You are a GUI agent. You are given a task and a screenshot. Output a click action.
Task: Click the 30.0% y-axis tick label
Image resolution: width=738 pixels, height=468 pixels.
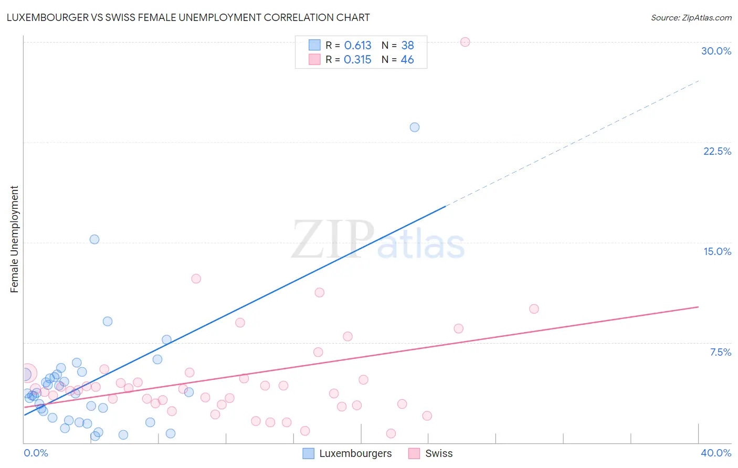point(716,51)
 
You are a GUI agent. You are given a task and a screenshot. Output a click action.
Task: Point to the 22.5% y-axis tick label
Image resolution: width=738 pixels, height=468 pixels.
point(717,151)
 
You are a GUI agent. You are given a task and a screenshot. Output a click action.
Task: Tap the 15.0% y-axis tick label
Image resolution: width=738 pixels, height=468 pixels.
point(717,251)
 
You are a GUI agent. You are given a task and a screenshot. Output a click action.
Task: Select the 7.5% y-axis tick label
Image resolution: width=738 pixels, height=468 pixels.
point(720,352)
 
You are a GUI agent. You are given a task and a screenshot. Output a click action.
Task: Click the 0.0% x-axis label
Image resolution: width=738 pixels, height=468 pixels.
point(36,453)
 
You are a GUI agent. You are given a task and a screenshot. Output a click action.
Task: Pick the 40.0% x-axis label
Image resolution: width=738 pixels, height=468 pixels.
point(715,453)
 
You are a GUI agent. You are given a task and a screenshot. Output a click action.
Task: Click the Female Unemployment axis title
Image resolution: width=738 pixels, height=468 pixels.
point(14,239)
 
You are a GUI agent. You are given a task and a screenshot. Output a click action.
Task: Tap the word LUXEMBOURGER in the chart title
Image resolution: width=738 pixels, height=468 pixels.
point(47,17)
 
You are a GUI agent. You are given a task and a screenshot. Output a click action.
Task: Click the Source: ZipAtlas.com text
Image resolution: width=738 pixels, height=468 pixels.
point(691,17)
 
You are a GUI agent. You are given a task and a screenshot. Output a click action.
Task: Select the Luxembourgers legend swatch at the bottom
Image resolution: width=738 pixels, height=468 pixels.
point(309,453)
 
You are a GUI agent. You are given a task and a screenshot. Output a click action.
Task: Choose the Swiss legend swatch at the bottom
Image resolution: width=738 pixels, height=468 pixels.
point(414,453)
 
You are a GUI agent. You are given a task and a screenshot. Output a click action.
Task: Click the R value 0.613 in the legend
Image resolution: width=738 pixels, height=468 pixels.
point(357,46)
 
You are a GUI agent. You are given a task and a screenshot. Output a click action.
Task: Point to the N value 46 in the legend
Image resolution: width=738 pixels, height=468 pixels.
point(407,60)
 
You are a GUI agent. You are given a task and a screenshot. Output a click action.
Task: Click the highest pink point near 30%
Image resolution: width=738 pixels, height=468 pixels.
point(465,42)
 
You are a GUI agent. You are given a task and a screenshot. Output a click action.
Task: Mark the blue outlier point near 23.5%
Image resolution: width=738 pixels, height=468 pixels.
point(415,127)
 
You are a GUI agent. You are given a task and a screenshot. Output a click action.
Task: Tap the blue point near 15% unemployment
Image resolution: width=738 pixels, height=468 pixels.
point(94,239)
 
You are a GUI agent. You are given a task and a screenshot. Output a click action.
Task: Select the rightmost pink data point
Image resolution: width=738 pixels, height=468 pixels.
point(534,309)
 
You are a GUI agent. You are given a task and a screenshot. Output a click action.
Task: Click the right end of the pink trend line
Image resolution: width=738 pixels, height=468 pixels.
point(698,306)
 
